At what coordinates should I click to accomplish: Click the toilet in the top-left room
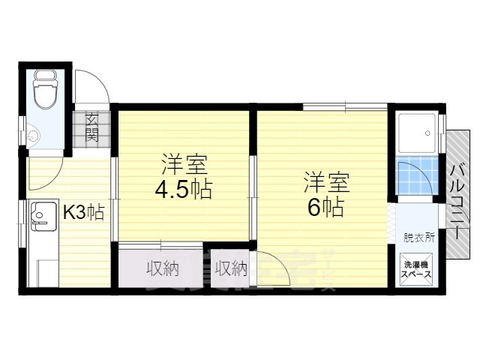click(44, 89)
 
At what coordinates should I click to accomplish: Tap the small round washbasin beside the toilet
click(32, 137)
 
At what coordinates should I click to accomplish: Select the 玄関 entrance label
click(92, 127)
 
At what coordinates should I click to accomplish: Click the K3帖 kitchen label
click(82, 212)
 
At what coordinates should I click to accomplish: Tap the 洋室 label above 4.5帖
click(182, 163)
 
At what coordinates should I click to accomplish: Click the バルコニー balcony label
click(456, 194)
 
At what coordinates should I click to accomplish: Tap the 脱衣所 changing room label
click(418, 238)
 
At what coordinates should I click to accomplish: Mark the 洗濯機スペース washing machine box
click(418, 269)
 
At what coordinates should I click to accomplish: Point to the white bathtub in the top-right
click(417, 135)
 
